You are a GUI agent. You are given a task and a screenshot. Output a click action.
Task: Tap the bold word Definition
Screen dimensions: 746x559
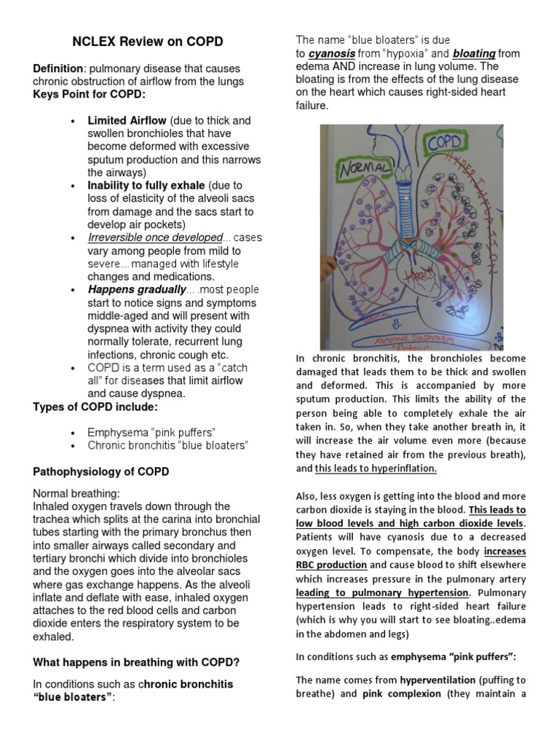[58, 68]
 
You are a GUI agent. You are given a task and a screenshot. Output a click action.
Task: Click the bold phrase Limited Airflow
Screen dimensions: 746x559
[127, 120]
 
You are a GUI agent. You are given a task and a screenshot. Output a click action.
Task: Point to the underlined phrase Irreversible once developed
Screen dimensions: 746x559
[155, 237]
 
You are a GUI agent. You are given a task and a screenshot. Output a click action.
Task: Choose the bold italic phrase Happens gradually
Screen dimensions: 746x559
[137, 290]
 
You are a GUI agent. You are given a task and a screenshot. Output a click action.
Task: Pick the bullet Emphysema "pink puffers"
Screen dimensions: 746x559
[151, 432]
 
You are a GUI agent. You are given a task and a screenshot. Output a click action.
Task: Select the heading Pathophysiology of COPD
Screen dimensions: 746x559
[101, 471]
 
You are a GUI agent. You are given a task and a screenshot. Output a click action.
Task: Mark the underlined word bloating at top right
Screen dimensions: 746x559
[475, 53]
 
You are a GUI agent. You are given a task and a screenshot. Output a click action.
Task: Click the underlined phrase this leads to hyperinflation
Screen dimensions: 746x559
[376, 468]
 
